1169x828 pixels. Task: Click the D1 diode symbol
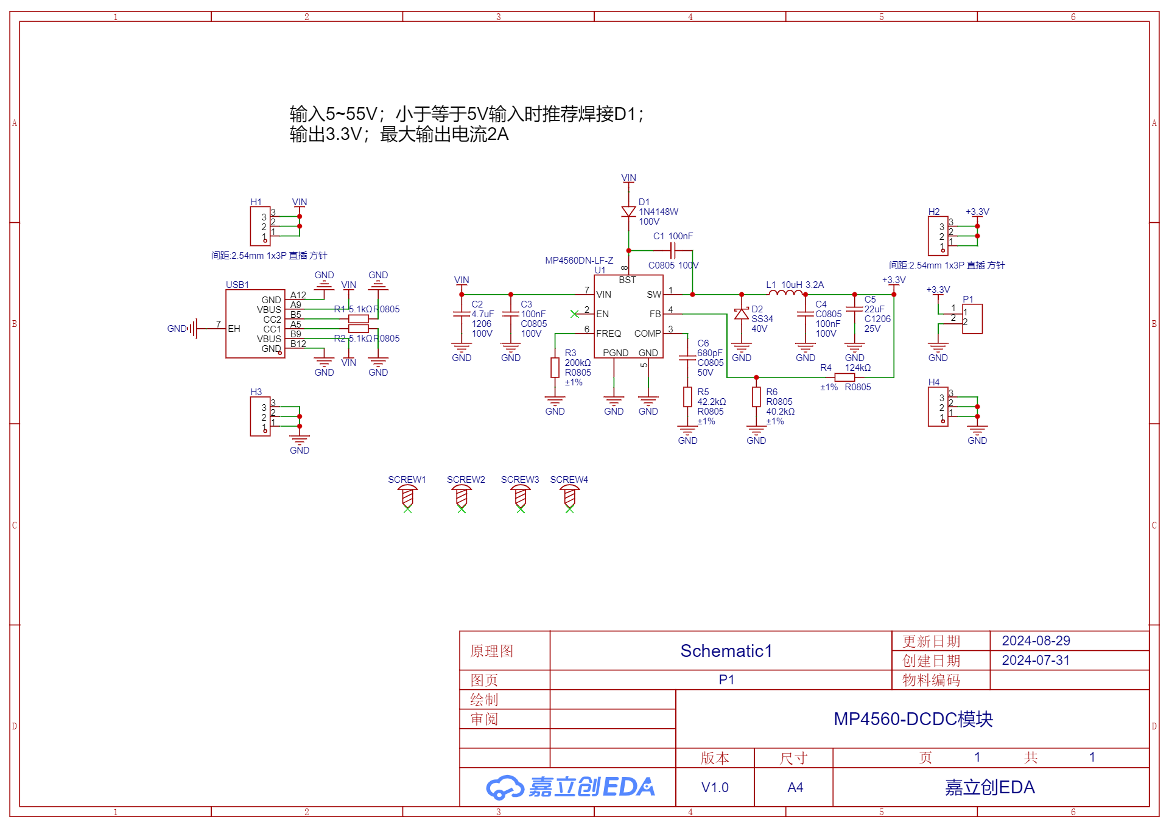click(x=628, y=212)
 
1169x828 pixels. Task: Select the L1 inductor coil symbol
click(x=785, y=293)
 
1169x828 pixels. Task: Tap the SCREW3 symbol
click(x=520, y=497)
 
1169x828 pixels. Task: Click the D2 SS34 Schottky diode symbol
click(x=741, y=314)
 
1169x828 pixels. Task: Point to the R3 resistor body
click(x=555, y=368)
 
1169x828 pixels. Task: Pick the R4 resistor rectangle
click(x=844, y=377)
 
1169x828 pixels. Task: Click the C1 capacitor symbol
click(x=672, y=250)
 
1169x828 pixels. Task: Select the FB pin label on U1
click(x=655, y=314)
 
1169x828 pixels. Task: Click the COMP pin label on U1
click(x=647, y=334)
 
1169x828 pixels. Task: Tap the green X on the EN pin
click(x=574, y=314)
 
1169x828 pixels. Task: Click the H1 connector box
click(x=259, y=226)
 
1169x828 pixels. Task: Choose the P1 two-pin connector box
click(x=972, y=318)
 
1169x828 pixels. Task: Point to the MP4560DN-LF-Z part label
click(x=579, y=261)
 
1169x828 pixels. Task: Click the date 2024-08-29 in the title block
click(x=1036, y=640)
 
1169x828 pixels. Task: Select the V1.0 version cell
click(x=715, y=787)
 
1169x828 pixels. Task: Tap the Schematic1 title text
click(x=726, y=651)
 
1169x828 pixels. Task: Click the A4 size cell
click(x=795, y=787)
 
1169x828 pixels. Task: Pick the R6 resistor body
click(x=756, y=397)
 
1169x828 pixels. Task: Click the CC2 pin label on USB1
click(x=272, y=319)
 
